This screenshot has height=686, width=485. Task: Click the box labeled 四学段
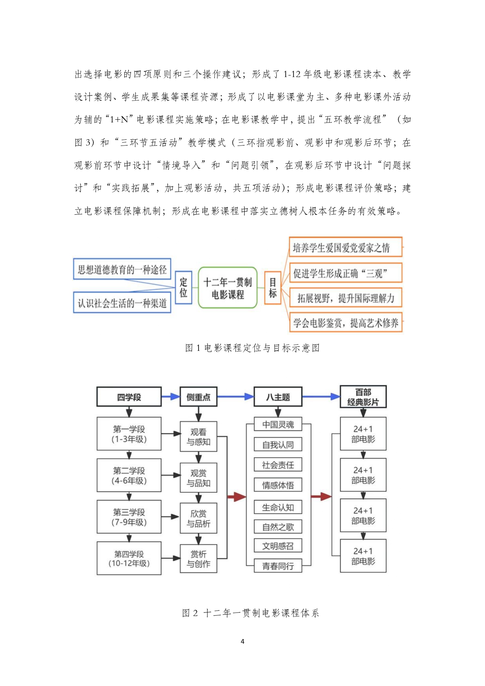[x=129, y=397]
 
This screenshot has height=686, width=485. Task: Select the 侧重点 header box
[x=198, y=397]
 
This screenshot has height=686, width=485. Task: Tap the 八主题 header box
[x=278, y=397]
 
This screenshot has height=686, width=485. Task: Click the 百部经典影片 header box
[x=363, y=397]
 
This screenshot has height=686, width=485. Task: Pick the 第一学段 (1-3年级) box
[x=129, y=434]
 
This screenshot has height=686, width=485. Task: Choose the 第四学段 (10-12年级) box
[x=129, y=558]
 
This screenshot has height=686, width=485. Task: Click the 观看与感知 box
[x=198, y=437]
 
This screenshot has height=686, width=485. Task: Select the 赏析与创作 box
[x=198, y=559]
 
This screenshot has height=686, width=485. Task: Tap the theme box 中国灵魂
[x=278, y=424]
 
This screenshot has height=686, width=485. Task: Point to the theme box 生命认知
[x=278, y=507]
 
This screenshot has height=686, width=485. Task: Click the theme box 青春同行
[x=278, y=566]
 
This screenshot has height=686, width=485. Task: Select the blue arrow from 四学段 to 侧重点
[x=170, y=397]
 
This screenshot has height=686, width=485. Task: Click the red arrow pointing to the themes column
[x=236, y=497]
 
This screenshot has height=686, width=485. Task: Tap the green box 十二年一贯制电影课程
[x=227, y=288]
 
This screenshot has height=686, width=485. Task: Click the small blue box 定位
[x=183, y=287]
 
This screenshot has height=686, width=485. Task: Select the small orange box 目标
[x=272, y=287]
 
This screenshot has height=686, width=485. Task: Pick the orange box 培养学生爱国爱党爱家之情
[x=345, y=247]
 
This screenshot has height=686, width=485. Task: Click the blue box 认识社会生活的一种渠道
[x=122, y=303]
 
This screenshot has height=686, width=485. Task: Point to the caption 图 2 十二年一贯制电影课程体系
[x=251, y=613]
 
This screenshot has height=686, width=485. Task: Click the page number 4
[x=243, y=641]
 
